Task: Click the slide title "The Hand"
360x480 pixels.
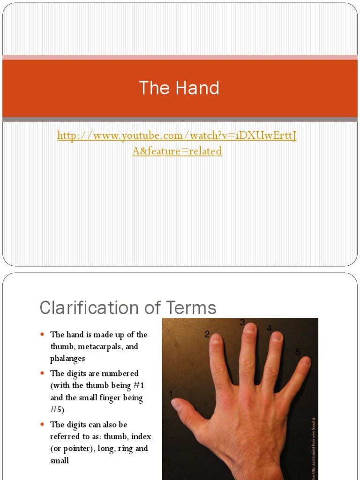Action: click(x=179, y=88)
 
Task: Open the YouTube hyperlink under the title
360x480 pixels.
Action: click(x=177, y=143)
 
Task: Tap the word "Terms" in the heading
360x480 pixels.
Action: click(x=191, y=308)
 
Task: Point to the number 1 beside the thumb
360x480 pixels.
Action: click(x=171, y=394)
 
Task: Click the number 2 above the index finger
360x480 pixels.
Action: click(x=207, y=334)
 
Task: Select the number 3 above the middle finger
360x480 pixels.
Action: click(x=242, y=322)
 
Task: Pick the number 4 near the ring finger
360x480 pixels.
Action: click(x=269, y=328)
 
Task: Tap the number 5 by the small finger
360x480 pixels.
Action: click(x=297, y=352)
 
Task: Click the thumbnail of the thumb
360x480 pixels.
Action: click(x=177, y=404)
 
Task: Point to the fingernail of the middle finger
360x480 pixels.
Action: click(x=250, y=329)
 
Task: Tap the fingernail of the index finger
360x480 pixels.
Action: click(x=217, y=339)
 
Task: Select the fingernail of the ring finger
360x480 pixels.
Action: click(x=277, y=337)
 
